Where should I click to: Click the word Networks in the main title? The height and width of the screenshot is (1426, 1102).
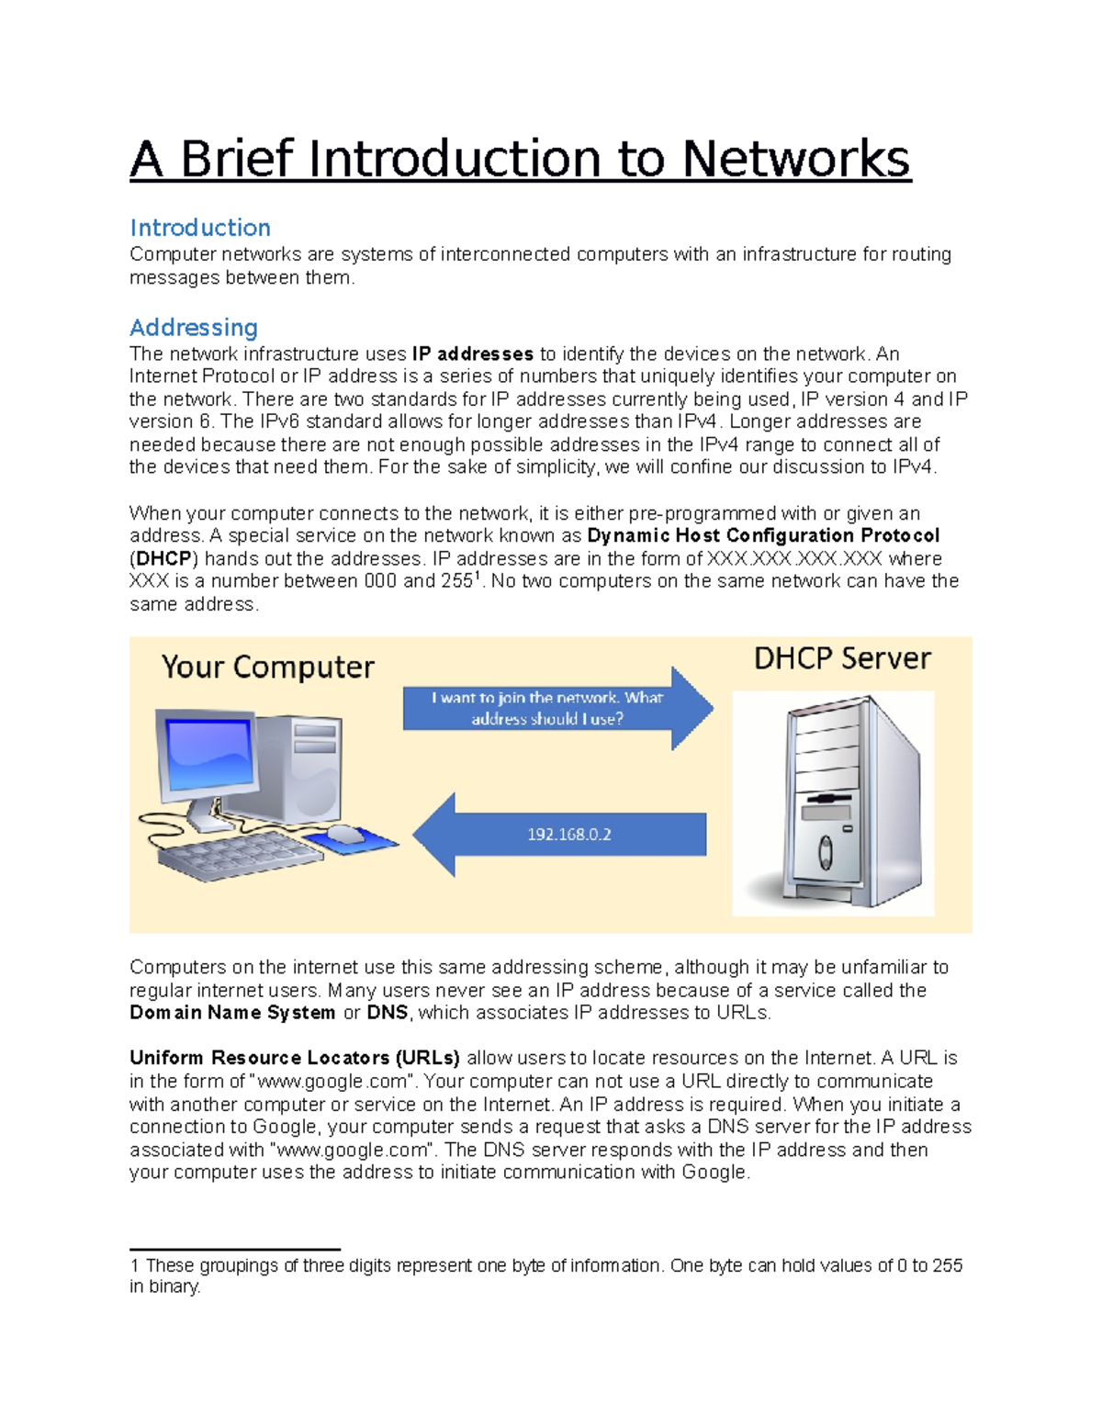pos(795,159)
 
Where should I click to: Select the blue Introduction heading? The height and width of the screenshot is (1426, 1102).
pos(200,228)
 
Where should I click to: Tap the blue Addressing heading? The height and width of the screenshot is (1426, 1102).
pos(194,328)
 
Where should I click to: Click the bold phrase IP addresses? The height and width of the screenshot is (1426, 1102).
pos(473,354)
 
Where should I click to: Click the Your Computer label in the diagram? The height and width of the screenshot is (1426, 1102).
pos(267,667)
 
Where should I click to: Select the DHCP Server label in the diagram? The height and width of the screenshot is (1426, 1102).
pos(842,658)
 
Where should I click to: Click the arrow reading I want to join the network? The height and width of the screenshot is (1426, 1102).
pos(547,708)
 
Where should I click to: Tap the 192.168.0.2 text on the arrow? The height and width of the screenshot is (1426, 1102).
pos(568,835)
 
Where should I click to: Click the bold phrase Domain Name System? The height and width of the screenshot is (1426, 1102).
pos(232,1013)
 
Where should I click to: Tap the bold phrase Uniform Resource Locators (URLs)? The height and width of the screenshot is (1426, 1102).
pos(294,1058)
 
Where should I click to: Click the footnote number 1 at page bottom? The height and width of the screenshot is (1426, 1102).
pos(134,1266)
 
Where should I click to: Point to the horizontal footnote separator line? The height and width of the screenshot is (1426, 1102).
pos(235,1250)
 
